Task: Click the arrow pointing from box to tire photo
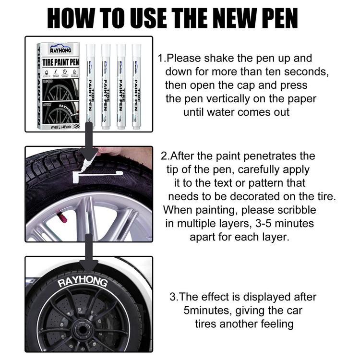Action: pos(89,142)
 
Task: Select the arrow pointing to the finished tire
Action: pos(89,254)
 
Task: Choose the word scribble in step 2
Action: pos(295,210)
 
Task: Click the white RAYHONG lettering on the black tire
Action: pos(83,280)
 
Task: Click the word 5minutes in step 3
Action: pos(207,310)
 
